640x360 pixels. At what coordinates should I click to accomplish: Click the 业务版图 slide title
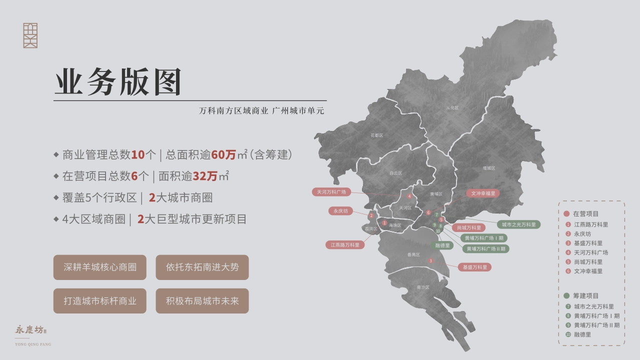click(118, 82)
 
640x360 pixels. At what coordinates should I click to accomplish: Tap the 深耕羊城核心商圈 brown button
click(100, 267)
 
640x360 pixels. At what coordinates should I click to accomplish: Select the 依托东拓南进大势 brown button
click(202, 267)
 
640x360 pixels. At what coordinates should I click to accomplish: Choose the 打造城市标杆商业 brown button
click(100, 301)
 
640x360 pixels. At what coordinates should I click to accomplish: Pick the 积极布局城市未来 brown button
click(202, 301)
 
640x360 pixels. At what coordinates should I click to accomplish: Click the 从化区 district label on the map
click(452, 107)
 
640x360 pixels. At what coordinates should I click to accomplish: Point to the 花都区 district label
click(376, 135)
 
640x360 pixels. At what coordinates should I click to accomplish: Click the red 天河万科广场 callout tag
click(331, 191)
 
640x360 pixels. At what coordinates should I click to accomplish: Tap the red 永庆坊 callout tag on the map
click(340, 211)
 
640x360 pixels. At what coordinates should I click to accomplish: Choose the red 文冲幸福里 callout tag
click(482, 193)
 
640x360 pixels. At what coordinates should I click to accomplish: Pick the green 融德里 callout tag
click(442, 245)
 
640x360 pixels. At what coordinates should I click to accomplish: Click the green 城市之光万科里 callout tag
click(518, 224)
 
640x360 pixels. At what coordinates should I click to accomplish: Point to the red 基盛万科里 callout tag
click(474, 267)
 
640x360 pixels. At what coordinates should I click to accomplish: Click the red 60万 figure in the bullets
click(223, 155)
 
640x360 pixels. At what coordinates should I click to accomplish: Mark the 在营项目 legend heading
click(585, 213)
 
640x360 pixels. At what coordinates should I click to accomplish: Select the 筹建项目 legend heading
click(585, 295)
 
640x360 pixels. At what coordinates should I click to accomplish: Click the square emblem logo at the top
click(30, 35)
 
